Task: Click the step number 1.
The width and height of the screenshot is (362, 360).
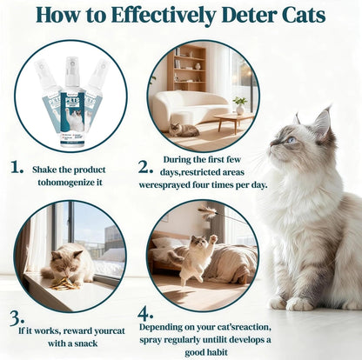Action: tap(17, 165)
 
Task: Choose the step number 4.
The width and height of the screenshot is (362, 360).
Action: tap(145, 311)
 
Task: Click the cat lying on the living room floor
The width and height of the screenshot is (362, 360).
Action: tap(184, 130)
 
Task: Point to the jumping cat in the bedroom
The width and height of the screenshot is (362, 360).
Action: tap(199, 255)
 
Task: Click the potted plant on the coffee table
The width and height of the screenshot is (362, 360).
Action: tap(240, 103)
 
